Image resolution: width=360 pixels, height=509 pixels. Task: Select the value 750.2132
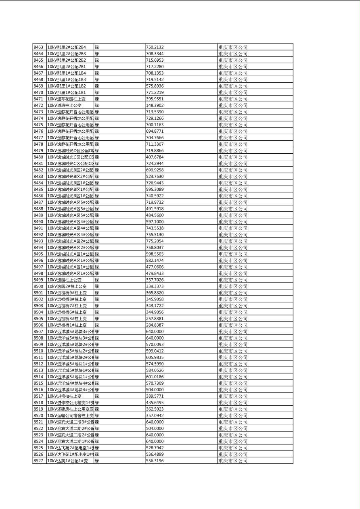[x=155, y=47]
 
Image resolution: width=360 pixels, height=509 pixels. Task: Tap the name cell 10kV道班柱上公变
[x=65, y=105]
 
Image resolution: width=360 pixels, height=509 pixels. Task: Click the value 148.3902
[x=155, y=105]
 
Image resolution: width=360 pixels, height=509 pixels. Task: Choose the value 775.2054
[x=155, y=241]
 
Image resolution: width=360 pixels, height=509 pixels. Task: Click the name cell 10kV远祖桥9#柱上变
[x=67, y=293]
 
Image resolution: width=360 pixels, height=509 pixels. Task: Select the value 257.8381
[x=155, y=319]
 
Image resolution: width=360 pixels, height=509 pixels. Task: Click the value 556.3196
[x=155, y=461]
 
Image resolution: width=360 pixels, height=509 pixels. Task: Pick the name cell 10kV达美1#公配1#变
[x=67, y=461]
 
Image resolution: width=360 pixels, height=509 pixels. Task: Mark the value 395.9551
[x=155, y=99]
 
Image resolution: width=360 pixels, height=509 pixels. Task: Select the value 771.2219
[x=155, y=92]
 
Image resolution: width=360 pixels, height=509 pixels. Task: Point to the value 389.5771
[x=155, y=396]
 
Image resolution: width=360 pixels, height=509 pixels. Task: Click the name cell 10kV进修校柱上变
[x=65, y=396]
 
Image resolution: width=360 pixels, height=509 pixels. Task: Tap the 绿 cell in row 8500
[x=97, y=286]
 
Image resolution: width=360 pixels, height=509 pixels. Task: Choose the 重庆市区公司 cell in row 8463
[x=233, y=47]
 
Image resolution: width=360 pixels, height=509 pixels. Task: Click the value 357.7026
[x=155, y=280]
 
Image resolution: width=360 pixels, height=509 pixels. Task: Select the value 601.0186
[x=155, y=377]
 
